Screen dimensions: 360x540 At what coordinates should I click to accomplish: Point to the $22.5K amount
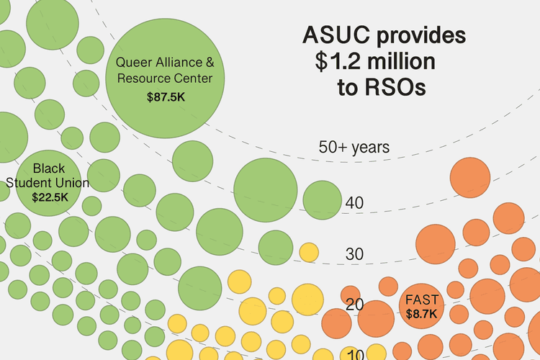pyautogui.click(x=50, y=196)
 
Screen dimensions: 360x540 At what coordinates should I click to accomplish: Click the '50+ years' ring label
pyautogui.click(x=354, y=148)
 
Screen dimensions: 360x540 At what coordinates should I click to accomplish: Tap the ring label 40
pyautogui.click(x=354, y=203)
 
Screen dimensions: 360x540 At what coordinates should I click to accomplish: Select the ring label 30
pyautogui.click(x=354, y=253)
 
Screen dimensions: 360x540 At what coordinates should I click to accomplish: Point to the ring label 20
pyautogui.click(x=354, y=304)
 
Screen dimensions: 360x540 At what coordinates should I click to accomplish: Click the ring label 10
pyautogui.click(x=354, y=354)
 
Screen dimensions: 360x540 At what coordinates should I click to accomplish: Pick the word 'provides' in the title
pyautogui.click(x=421, y=36)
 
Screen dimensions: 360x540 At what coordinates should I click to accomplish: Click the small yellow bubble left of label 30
pyautogui.click(x=309, y=252)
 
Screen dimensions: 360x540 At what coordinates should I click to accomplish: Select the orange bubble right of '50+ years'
pyautogui.click(x=469, y=176)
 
